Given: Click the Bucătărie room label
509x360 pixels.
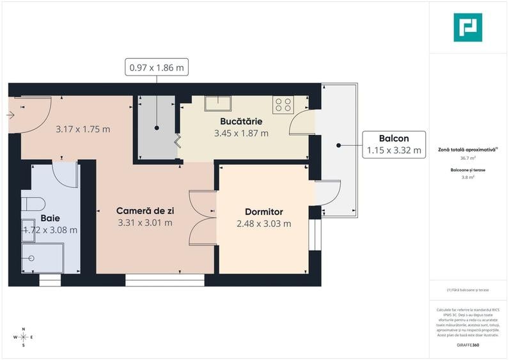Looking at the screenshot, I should [x=241, y=121].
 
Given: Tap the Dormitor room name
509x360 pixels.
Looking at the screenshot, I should [x=263, y=212].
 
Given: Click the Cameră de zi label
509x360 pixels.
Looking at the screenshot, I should [x=145, y=210].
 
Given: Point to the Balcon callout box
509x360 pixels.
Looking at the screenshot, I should [x=394, y=144].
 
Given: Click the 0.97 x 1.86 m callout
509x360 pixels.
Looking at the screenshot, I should [x=157, y=67].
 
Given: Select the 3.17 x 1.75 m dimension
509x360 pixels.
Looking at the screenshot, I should [x=82, y=129].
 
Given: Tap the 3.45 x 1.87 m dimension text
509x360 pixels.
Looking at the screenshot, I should [x=241, y=133].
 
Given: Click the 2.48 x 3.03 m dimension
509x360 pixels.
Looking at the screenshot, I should [x=263, y=224].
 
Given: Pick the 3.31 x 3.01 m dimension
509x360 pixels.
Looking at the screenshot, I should [x=145, y=223].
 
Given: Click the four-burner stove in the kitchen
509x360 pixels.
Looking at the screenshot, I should [x=283, y=105].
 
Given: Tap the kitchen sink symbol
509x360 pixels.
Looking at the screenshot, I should [x=218, y=104].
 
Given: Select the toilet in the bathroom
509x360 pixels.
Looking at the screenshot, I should [x=31, y=204].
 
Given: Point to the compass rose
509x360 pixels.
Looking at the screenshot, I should [x=24, y=336].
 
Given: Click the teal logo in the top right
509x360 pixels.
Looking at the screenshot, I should [x=467, y=27].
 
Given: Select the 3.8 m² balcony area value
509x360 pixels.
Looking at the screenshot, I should [x=467, y=178].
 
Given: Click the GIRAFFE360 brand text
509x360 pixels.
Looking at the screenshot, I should [x=467, y=345].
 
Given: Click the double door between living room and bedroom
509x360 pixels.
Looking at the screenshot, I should [x=203, y=217].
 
